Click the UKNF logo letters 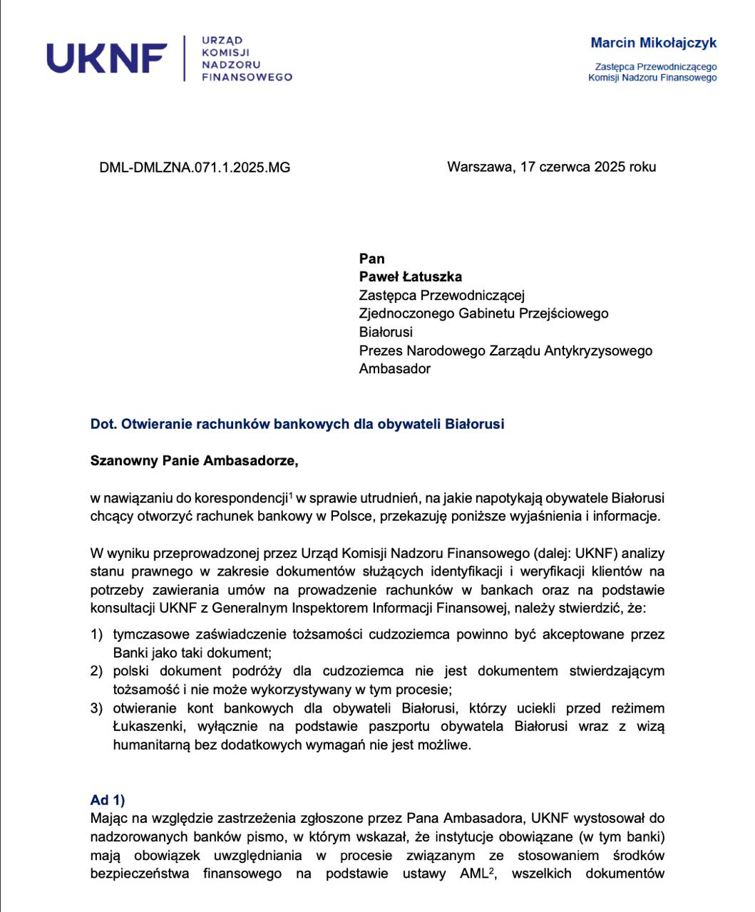click(x=107, y=58)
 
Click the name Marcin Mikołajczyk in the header click(x=653, y=43)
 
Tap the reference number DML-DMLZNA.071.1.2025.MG click(x=195, y=168)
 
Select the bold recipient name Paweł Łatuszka click(x=411, y=276)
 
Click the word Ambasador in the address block click(x=395, y=368)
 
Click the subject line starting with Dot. click(x=297, y=424)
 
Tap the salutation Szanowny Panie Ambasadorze click(x=194, y=460)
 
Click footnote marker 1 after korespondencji click(x=291, y=495)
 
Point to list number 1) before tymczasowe click(x=97, y=634)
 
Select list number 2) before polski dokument click(x=97, y=671)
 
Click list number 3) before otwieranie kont click(x=97, y=708)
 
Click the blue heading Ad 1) click(x=108, y=800)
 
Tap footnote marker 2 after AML click(x=491, y=870)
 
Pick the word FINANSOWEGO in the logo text click(x=247, y=77)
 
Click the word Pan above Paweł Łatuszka click(x=372, y=259)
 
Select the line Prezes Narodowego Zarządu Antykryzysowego click(x=505, y=351)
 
